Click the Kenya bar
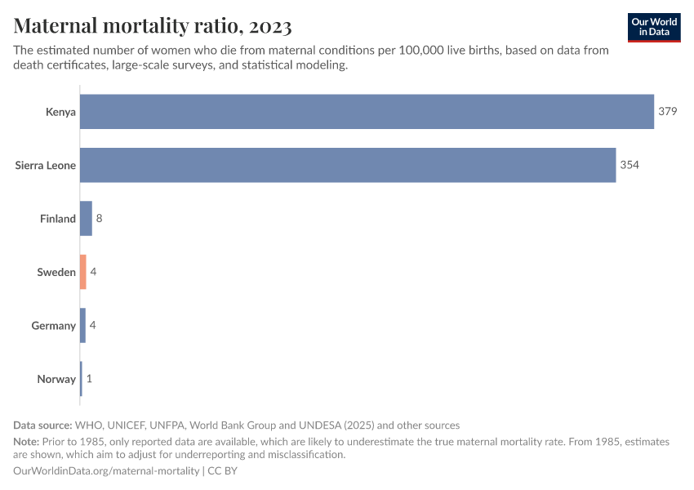367,112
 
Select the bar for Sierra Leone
348,165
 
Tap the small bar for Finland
86,219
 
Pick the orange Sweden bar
82,272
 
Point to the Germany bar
82,326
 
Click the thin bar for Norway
81,379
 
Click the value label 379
668,112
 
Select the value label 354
629,165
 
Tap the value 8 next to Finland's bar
99,219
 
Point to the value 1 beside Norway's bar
89,379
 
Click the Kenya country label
60,112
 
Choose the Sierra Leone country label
46,165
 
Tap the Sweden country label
56,272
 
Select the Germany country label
54,326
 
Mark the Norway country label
56,379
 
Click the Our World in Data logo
654,27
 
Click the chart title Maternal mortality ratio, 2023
153,26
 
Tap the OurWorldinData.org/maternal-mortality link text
107,471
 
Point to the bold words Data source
42,425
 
